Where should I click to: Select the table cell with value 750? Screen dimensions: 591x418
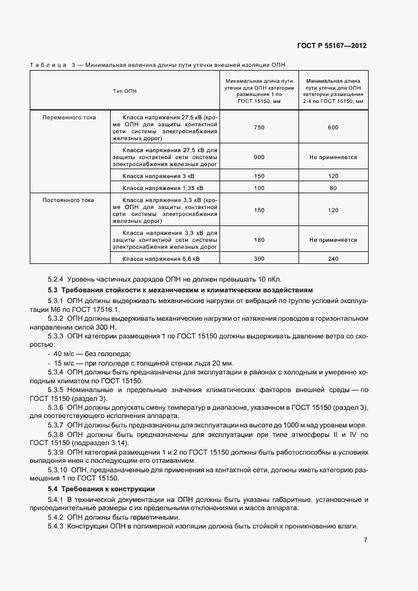tap(259, 128)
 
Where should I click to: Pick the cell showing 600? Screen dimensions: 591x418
tap(333, 128)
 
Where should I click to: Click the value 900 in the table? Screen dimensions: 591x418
tap(259, 157)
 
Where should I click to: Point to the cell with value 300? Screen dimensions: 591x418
tap(259, 258)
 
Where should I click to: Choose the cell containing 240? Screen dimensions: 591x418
tap(333, 258)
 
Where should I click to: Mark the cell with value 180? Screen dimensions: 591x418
tap(259, 239)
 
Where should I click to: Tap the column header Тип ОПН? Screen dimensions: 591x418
tap(125, 91)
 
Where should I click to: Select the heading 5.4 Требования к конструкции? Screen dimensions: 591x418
tap(101, 490)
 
